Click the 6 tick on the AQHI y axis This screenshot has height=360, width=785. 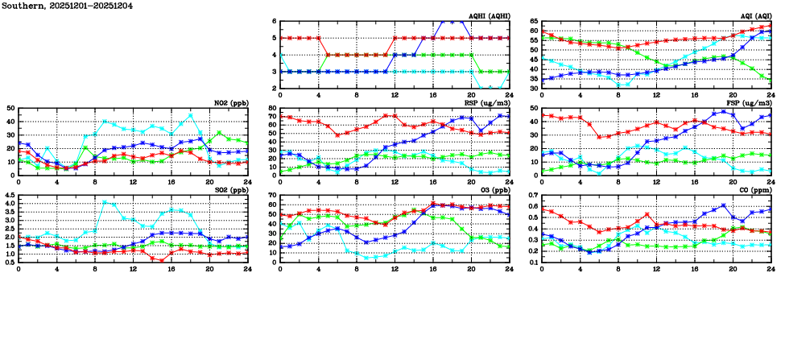pyautogui.click(x=275, y=21)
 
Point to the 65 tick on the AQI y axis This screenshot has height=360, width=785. pyautogui.click(x=535, y=22)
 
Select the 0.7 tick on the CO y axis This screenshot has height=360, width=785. pyautogui.click(x=533, y=195)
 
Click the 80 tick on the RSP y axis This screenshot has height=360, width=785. pyautogui.click(x=273, y=108)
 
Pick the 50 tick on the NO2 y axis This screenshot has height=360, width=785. pyautogui.click(x=10, y=108)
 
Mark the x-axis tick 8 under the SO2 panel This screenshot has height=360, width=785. pyautogui.click(x=95, y=268)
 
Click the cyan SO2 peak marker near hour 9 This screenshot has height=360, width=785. pyautogui.click(x=105, y=202)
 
